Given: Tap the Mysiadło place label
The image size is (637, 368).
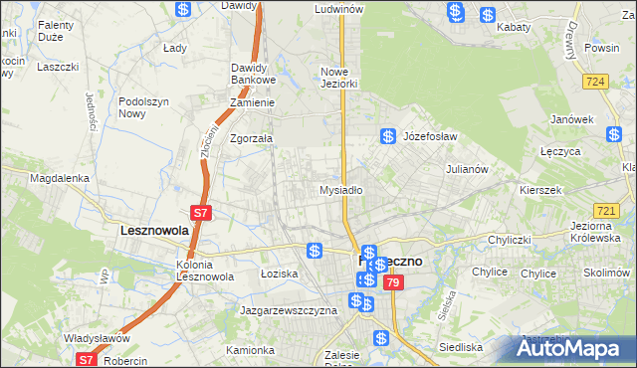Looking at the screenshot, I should (340, 189).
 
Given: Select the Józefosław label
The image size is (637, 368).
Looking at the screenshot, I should (430, 136).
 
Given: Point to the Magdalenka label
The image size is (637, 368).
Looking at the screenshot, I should (60, 178).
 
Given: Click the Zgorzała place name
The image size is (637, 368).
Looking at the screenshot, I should (251, 139).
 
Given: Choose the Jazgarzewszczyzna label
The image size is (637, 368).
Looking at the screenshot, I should (289, 310).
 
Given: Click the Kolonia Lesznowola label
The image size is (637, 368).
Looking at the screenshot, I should (206, 271).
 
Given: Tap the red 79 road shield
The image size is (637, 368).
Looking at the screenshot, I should (394, 283).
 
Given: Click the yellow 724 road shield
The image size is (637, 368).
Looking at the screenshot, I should (597, 81).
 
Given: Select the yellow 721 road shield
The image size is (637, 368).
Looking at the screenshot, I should (605, 211).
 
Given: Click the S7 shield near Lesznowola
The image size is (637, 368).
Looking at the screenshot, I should (200, 213).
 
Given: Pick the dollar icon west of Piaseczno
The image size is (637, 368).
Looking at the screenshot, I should (315, 250).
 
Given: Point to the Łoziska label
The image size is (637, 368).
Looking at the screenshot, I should (279, 273).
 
